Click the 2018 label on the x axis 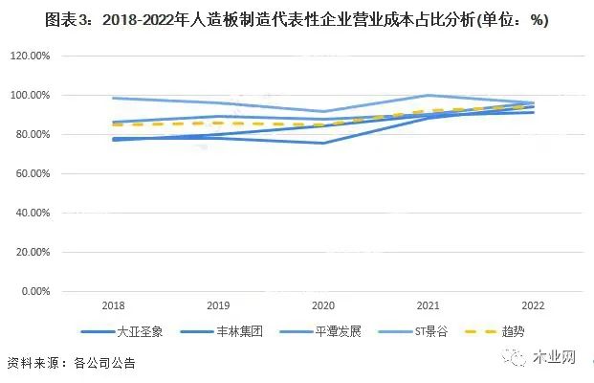(x=114, y=304)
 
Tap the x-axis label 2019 (x=219, y=304)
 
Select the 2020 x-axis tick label (x=323, y=304)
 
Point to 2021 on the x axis (x=428, y=304)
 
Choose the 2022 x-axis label (x=533, y=304)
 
